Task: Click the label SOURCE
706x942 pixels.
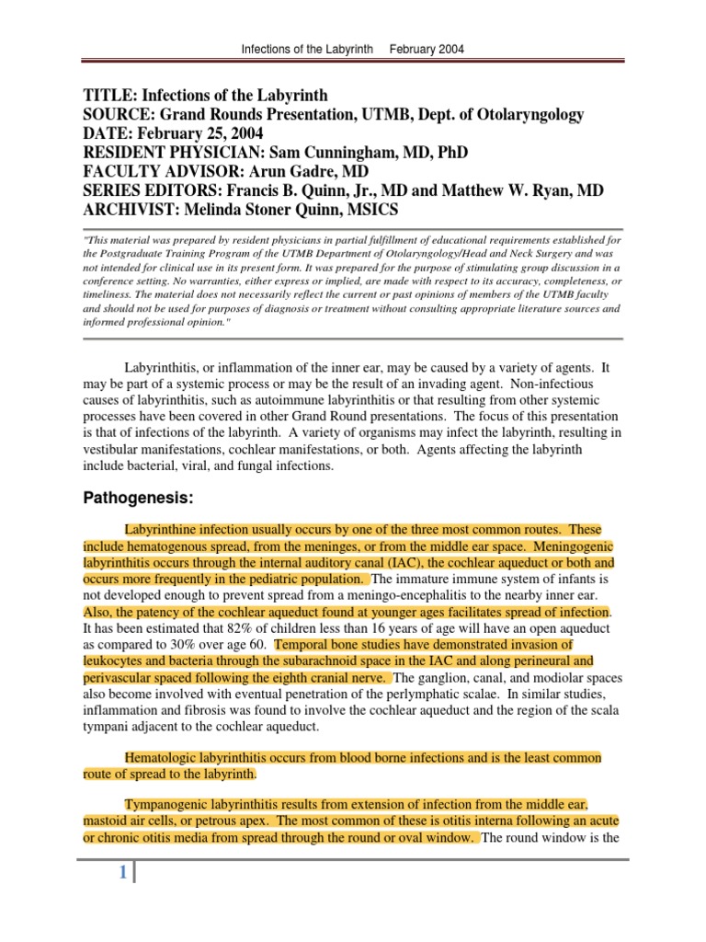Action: click(118, 114)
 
